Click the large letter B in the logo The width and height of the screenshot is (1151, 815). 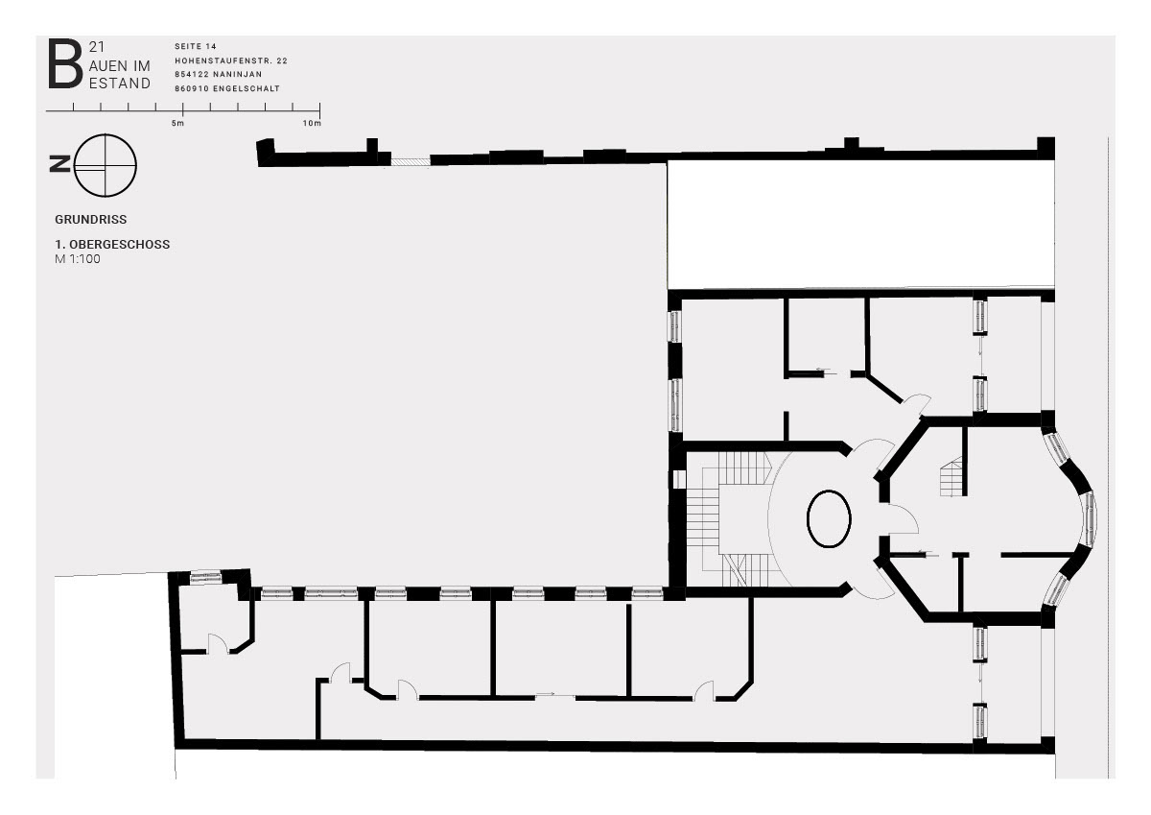[x=65, y=63]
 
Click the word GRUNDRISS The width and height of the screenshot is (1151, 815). [x=91, y=220]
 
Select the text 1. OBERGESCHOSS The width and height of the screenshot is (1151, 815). [x=112, y=244]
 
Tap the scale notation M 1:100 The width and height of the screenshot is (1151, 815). [x=78, y=259]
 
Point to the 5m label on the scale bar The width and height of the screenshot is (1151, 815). [x=177, y=124]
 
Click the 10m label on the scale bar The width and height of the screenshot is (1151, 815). [x=312, y=124]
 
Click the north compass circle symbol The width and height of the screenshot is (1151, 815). [x=106, y=165]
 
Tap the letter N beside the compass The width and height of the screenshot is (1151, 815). [x=60, y=164]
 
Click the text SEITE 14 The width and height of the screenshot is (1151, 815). [x=196, y=46]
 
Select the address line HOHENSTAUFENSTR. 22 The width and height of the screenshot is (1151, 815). [x=231, y=60]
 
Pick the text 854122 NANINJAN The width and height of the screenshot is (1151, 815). [x=219, y=75]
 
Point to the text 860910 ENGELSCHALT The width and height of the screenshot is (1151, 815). [x=227, y=88]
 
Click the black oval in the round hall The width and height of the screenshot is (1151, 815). [x=829, y=518]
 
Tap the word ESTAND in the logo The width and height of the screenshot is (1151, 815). [x=120, y=84]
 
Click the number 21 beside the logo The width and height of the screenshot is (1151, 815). [x=97, y=47]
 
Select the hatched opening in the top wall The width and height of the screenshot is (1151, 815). [x=411, y=161]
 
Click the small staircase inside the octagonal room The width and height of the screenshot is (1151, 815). [x=951, y=478]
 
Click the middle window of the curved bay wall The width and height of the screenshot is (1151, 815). [x=1091, y=518]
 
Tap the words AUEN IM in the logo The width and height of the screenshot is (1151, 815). [x=120, y=66]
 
